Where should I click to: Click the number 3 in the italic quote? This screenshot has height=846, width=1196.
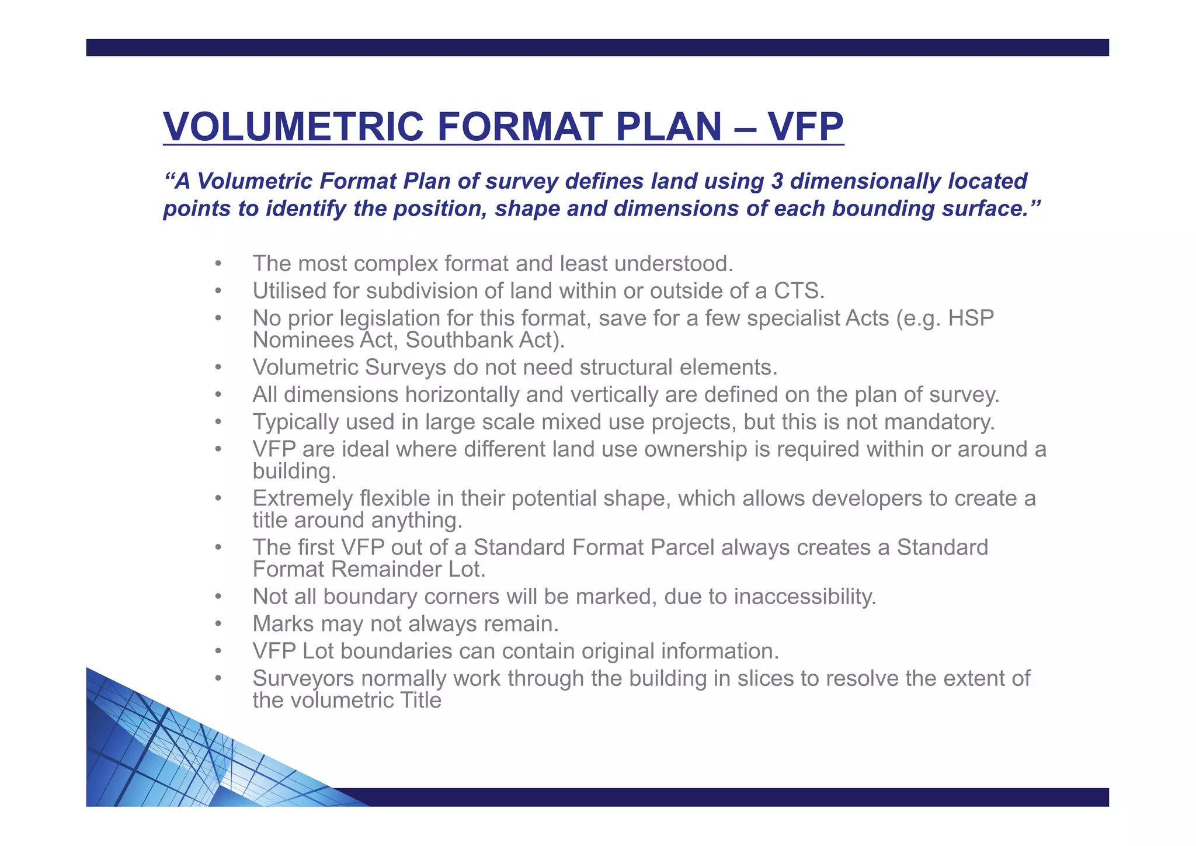pyautogui.click(x=777, y=181)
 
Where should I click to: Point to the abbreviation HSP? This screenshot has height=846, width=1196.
pyautogui.click(x=971, y=318)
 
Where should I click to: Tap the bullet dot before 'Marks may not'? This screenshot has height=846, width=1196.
pyautogui.click(x=218, y=624)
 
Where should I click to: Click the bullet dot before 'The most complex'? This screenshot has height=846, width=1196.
pyautogui.click(x=218, y=264)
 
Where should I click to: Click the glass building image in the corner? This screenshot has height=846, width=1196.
pyautogui.click(x=175, y=754)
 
